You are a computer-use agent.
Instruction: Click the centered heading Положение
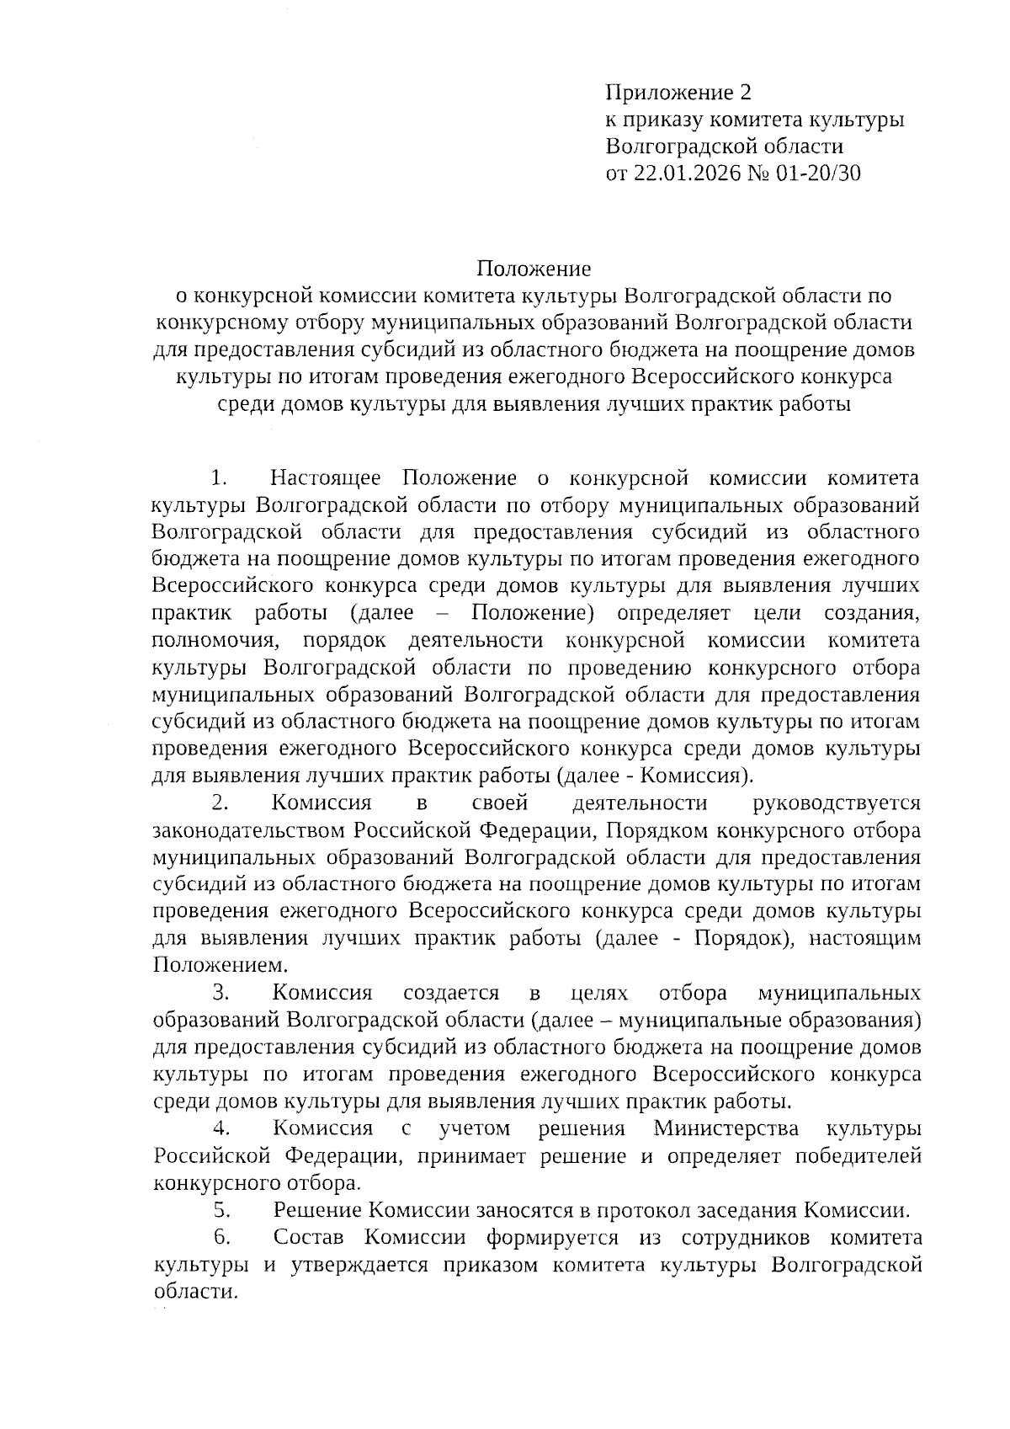(x=534, y=269)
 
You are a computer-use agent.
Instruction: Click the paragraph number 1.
(x=219, y=479)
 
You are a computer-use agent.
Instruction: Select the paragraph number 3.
(x=221, y=993)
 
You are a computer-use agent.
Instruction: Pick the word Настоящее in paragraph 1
(x=326, y=479)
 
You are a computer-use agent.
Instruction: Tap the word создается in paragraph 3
(x=451, y=993)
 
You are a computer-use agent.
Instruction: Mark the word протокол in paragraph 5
(x=646, y=1211)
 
